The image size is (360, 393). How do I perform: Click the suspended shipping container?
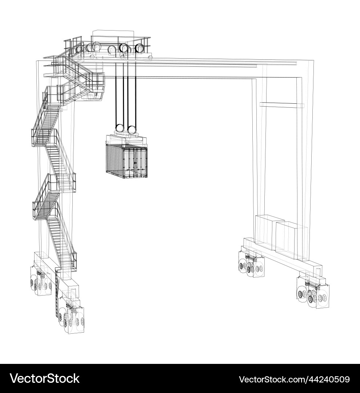(126, 160)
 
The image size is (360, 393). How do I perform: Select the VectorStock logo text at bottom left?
(45, 378)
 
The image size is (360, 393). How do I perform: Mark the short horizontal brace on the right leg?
(282, 105)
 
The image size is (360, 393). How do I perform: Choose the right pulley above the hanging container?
(132, 130)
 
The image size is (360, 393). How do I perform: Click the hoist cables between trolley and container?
(126, 95)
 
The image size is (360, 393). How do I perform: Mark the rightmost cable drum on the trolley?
(139, 48)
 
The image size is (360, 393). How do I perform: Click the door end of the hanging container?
(136, 162)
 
